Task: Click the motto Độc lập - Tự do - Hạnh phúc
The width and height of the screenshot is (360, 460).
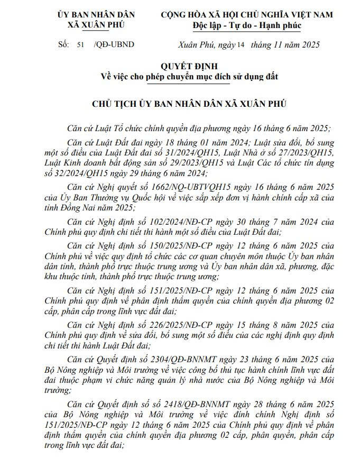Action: click(246, 25)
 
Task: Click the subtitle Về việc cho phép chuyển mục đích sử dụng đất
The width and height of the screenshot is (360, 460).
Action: click(190, 77)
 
